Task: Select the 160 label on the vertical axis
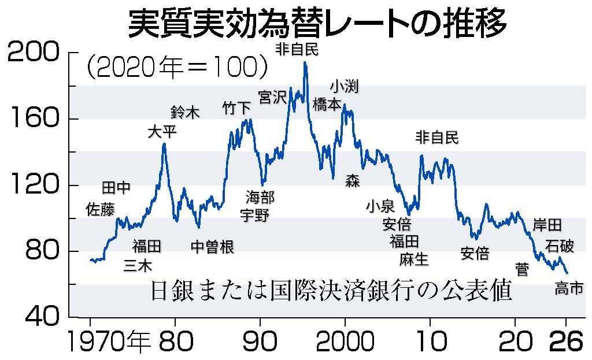[34, 119]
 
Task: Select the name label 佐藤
[100, 209]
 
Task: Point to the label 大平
[162, 132]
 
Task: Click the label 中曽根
[212, 247]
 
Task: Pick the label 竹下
[237, 107]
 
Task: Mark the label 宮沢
[272, 97]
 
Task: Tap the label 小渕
[345, 87]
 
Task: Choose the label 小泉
[380, 206]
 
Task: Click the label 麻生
[414, 259]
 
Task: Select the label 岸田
[547, 224]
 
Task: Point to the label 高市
[569, 288]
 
